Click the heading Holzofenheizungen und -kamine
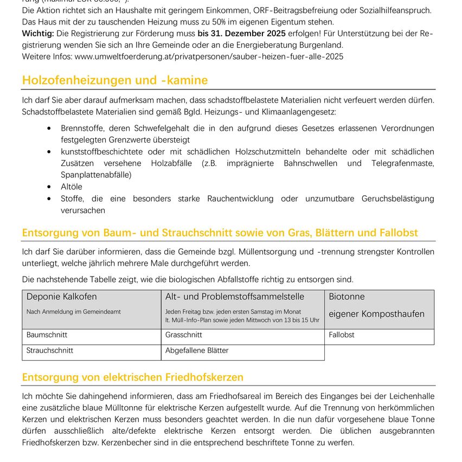click(x=114, y=80)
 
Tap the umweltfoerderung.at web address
click(x=209, y=56)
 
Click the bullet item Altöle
click(x=72, y=187)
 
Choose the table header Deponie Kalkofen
click(x=62, y=297)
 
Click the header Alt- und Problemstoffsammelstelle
click(x=235, y=297)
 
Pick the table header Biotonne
click(x=347, y=297)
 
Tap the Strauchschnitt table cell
click(x=50, y=351)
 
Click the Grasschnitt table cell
click(x=184, y=335)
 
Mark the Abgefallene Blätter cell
click(x=197, y=351)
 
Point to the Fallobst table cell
click(x=342, y=335)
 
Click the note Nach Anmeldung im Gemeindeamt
click(x=74, y=312)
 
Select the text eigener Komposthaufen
click(x=377, y=314)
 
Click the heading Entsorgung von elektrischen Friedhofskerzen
click(x=133, y=377)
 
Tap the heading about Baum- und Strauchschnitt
click(x=220, y=233)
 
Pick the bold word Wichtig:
click(x=38, y=34)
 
